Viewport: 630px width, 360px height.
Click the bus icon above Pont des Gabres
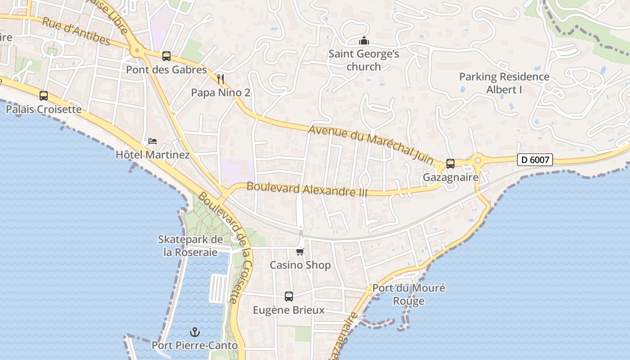point(166,56)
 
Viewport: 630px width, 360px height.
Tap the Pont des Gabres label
point(166,70)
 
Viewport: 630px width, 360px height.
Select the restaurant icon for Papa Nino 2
point(220,79)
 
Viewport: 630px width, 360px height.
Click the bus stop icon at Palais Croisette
point(44,96)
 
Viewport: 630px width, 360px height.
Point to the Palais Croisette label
point(44,109)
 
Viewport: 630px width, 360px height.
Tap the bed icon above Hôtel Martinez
point(153,141)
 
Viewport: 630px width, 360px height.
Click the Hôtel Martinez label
point(153,155)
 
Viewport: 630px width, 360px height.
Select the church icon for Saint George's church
point(364,41)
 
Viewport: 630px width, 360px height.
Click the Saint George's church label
point(364,60)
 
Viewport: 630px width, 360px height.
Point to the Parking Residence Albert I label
point(504,83)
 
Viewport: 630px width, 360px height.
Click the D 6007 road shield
point(535,159)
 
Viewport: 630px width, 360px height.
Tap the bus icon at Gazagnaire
point(450,164)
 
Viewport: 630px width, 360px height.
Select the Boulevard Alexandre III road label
point(307,189)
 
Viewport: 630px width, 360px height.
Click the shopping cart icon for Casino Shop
point(300,252)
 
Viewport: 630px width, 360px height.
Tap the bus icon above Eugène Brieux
point(289,297)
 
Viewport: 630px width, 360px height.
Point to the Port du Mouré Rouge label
point(409,294)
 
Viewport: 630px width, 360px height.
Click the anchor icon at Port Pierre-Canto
point(195,333)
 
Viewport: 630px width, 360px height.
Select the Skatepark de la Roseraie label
point(190,246)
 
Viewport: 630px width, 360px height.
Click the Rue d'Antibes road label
point(76,31)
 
